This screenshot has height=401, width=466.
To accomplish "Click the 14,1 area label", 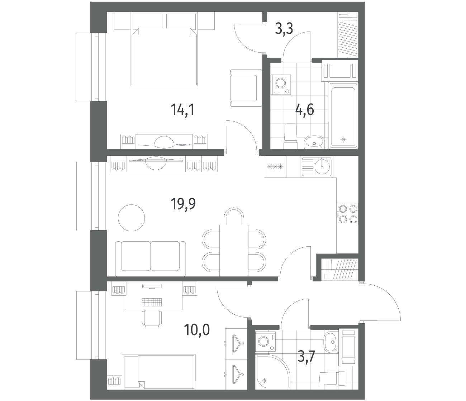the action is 182,110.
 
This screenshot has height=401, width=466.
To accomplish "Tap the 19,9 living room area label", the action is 183,203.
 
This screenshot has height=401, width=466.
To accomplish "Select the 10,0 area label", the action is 197,330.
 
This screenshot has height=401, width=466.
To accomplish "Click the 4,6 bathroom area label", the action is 305,110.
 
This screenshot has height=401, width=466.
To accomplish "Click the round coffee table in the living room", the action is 132,218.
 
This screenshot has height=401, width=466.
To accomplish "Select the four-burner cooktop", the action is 347,214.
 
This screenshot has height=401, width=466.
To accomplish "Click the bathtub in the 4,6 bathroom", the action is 343,115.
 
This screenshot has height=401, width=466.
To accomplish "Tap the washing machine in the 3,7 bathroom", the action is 266,341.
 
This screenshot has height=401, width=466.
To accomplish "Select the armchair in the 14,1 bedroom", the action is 246,88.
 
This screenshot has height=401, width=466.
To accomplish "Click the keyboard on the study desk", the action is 152,302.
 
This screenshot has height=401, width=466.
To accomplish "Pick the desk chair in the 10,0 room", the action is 152,318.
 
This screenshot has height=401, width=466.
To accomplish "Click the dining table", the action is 234,250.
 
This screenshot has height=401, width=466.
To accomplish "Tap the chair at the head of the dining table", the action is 234,216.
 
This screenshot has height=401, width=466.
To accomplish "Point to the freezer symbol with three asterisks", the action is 275,167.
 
